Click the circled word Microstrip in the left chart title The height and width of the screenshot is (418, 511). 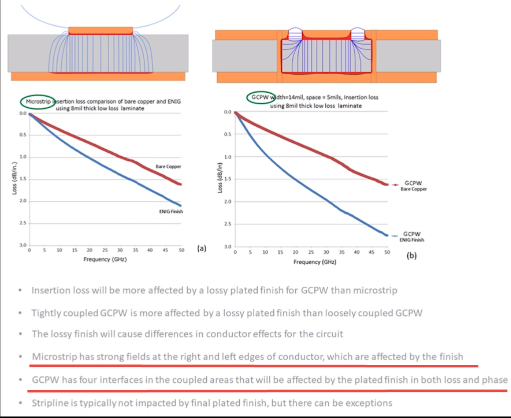(38, 102)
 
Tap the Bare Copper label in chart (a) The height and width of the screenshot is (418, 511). (168, 167)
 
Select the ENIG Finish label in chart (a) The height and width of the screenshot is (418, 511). (171, 212)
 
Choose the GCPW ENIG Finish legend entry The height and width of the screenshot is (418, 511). (412, 237)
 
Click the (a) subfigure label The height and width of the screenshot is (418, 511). (202, 248)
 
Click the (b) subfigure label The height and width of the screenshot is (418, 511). (411, 256)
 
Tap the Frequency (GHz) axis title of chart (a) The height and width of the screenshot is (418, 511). (105, 259)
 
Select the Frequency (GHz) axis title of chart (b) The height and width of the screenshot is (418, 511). (315, 262)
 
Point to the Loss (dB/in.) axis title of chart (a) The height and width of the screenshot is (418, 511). (15, 178)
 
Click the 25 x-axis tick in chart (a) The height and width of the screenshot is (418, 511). (105, 250)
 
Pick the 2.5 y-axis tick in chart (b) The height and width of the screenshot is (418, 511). (228, 224)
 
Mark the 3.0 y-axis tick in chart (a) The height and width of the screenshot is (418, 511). (23, 245)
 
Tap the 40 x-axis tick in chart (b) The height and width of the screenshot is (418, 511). (356, 252)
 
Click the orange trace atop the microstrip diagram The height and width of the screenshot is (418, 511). (101, 31)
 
